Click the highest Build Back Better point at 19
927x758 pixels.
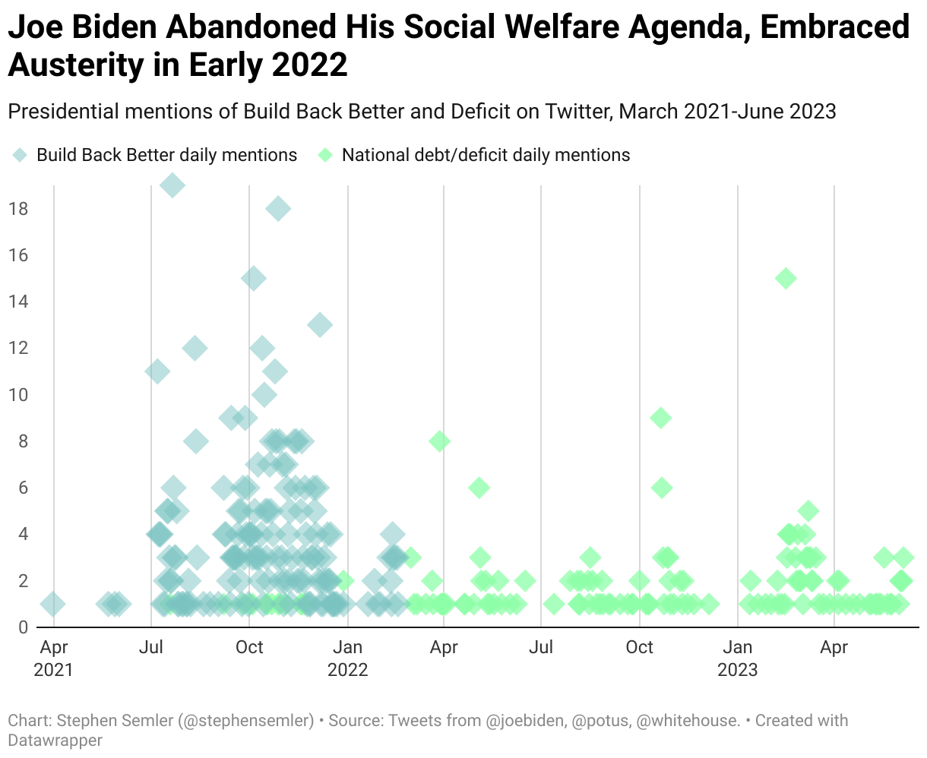point(172,185)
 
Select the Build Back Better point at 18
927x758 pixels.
point(278,208)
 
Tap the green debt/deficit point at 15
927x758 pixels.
point(786,278)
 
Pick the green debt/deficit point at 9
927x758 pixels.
point(661,418)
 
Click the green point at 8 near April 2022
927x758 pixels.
point(439,441)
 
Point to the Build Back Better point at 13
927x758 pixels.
point(320,325)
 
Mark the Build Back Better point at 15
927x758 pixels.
point(255,278)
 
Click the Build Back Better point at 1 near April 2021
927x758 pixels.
point(52,605)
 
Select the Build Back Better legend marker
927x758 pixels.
point(21,155)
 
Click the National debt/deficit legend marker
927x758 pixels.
point(325,155)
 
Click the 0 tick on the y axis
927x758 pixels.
point(22,627)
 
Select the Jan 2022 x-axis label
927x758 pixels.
point(348,658)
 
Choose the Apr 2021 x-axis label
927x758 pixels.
point(53,658)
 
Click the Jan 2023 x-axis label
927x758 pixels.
point(737,658)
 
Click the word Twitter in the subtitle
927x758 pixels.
point(574,112)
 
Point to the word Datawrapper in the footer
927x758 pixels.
point(55,739)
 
